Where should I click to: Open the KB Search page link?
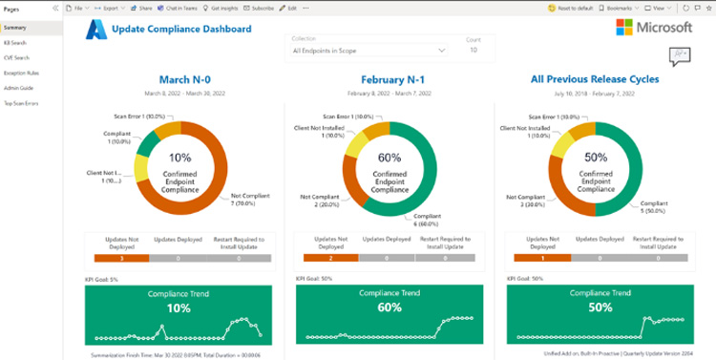coord(15,42)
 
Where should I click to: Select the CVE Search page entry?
coord(16,56)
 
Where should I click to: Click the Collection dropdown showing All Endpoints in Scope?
coord(369,49)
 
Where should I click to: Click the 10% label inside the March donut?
coord(179,158)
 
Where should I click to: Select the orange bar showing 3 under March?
coord(120,257)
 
